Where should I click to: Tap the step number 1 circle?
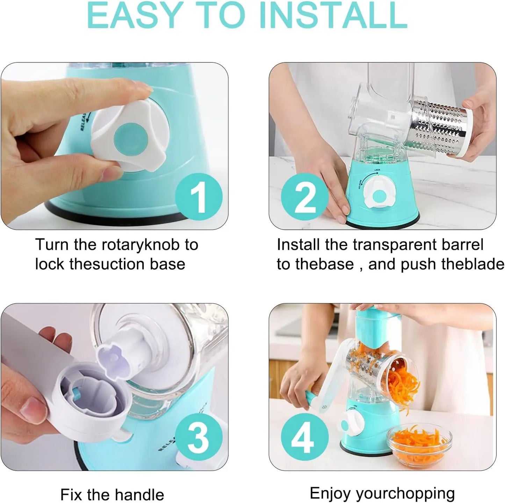(x=199, y=196)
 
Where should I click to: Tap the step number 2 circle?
(x=305, y=197)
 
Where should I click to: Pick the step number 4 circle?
(x=304, y=437)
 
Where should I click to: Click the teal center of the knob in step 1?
(x=129, y=139)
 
